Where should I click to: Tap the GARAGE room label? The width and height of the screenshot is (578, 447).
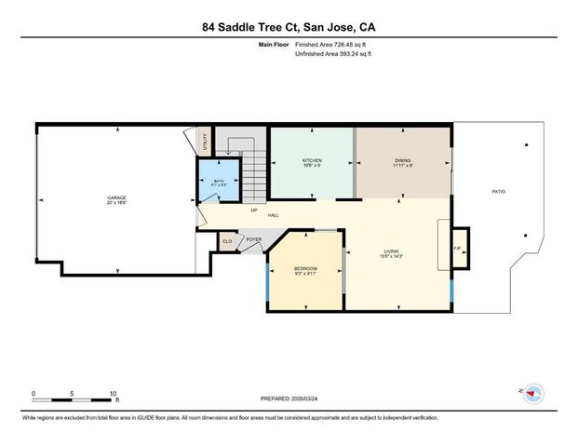click(116, 197)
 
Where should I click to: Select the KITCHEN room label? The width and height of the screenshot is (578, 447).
click(312, 161)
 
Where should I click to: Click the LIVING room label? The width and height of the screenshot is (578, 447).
click(392, 251)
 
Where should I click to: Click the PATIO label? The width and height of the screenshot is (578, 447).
click(499, 192)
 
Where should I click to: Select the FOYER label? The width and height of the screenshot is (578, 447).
click(253, 240)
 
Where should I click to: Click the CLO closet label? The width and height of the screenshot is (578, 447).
click(226, 241)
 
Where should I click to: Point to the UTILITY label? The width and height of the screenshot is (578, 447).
click(205, 142)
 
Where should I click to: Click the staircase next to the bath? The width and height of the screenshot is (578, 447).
click(254, 172)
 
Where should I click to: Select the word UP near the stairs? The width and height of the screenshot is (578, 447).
click(253, 209)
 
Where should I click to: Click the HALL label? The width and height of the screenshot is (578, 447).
click(274, 216)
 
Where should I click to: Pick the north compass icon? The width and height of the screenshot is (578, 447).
click(533, 393)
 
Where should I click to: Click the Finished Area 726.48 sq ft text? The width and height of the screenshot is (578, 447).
click(332, 45)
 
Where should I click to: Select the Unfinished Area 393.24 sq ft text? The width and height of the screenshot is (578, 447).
click(332, 54)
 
